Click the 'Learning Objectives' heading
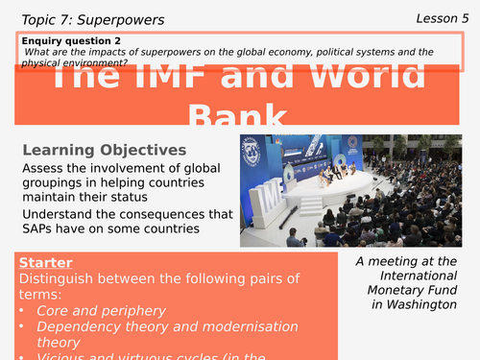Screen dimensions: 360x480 [x=103, y=151]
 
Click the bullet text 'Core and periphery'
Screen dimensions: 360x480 [x=101, y=311]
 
